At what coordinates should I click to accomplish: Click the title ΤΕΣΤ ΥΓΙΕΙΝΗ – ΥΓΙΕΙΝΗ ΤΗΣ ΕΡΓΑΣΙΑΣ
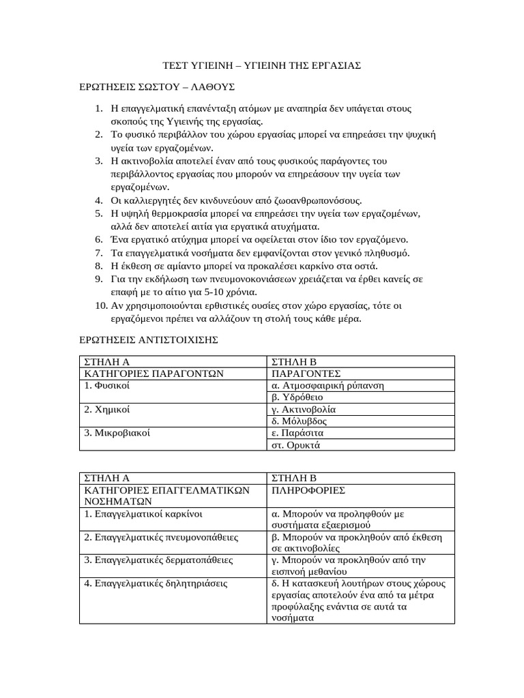pos(262,65)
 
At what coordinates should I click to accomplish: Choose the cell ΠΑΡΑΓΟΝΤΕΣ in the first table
pos(306,374)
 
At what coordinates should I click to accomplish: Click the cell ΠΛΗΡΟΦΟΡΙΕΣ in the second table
pos(308,490)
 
